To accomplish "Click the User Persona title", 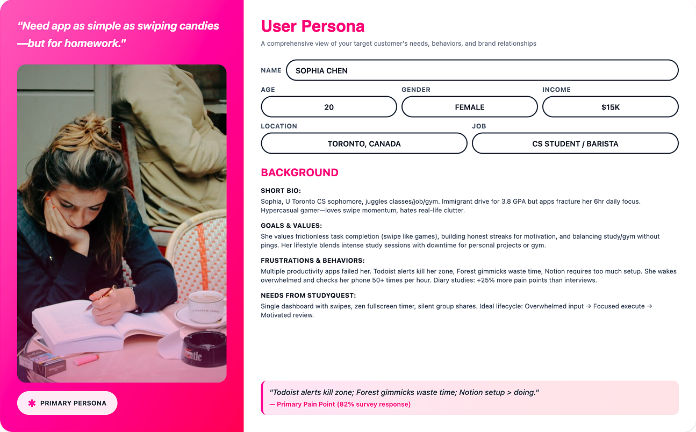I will [312, 26].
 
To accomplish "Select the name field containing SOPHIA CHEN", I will [482, 70].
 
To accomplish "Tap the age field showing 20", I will [329, 107].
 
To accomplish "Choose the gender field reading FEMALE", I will [469, 107].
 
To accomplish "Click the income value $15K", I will [610, 107].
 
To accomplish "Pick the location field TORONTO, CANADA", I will [364, 143].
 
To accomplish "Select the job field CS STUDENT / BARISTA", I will [575, 143].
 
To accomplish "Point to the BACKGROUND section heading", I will [299, 172].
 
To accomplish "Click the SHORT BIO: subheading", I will [281, 191].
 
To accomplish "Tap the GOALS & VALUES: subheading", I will [291, 226].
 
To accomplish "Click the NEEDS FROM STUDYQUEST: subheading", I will [308, 296].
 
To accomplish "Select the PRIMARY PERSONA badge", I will [67, 403].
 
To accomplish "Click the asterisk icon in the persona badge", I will [32, 403].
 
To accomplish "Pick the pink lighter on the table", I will [85, 359].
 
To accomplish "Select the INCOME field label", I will [556, 90].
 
